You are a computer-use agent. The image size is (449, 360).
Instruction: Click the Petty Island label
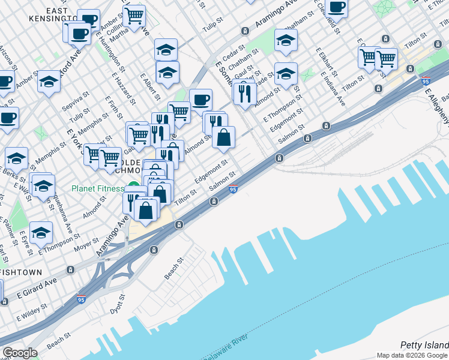[424, 345]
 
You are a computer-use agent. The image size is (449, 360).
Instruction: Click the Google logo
[20, 353]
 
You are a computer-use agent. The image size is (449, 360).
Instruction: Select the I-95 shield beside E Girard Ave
[80, 299]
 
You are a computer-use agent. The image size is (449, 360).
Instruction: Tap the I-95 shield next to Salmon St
[233, 190]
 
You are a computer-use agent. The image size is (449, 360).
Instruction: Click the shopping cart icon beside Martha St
[134, 15]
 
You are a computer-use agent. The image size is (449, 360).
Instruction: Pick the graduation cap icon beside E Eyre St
[40, 232]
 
